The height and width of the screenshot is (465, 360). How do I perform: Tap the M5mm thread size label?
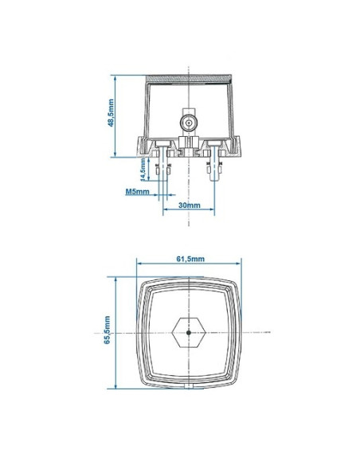click(137, 192)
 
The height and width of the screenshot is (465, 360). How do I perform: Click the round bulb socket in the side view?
click(189, 123)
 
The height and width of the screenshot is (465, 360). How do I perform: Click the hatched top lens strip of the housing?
click(189, 79)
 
